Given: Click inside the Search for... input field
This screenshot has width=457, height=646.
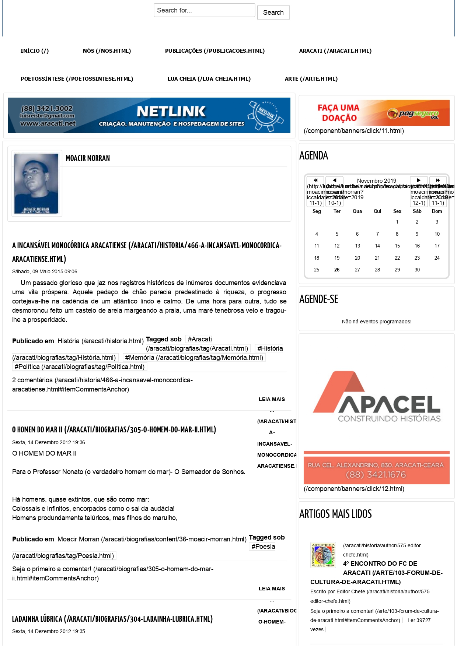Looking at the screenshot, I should [x=204, y=10].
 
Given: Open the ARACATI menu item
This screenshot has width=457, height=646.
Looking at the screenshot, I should [x=335, y=51].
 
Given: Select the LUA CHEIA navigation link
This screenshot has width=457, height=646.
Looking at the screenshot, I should [x=209, y=79].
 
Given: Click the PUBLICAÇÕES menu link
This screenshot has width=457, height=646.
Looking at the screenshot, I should [x=214, y=51].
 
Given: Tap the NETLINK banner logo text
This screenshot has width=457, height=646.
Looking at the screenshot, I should [x=171, y=111].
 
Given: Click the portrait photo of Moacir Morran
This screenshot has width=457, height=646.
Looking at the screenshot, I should [x=36, y=183].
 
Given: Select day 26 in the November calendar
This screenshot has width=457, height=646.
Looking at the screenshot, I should [x=337, y=270].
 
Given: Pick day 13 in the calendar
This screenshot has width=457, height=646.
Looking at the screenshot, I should [x=357, y=246].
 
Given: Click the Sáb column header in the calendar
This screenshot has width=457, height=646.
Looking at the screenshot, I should [x=417, y=211].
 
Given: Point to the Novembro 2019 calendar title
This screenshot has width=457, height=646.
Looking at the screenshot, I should [x=376, y=180].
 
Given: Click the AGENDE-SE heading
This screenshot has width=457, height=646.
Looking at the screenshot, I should [x=318, y=299].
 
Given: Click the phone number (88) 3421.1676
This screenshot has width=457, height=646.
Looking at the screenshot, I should [x=376, y=475].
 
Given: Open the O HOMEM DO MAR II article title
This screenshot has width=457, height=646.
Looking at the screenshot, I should [x=114, y=429].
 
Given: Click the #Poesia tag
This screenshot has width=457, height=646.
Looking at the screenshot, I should [x=263, y=547].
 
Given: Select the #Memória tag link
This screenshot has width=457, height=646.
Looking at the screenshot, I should [x=194, y=358].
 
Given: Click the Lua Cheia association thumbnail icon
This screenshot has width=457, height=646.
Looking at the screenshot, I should [x=323, y=555].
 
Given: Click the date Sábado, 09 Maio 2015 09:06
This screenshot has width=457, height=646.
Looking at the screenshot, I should [x=45, y=271].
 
